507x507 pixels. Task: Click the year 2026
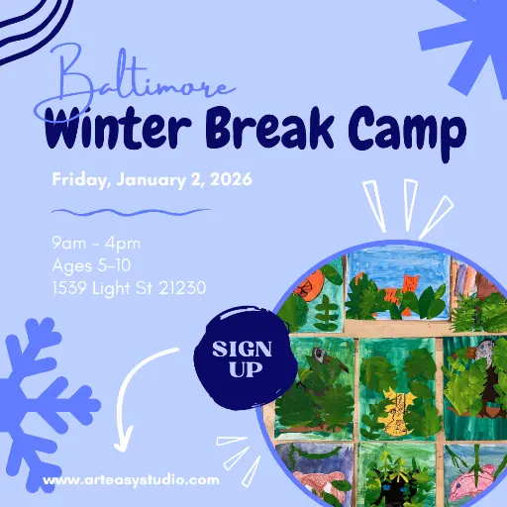pyautogui.click(x=230, y=180)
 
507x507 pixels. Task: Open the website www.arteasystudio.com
pyautogui.click(x=131, y=480)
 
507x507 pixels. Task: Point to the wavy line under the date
pyautogui.click(x=130, y=212)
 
